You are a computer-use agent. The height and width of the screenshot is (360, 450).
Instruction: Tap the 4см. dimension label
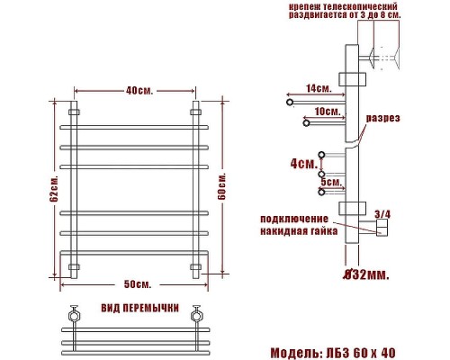tap(302, 165)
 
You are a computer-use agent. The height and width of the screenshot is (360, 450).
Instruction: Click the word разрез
tap(382, 118)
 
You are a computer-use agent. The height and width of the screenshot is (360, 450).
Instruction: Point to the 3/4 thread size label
tap(382, 214)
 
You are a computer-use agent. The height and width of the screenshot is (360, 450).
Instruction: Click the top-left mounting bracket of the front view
tap(75, 113)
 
